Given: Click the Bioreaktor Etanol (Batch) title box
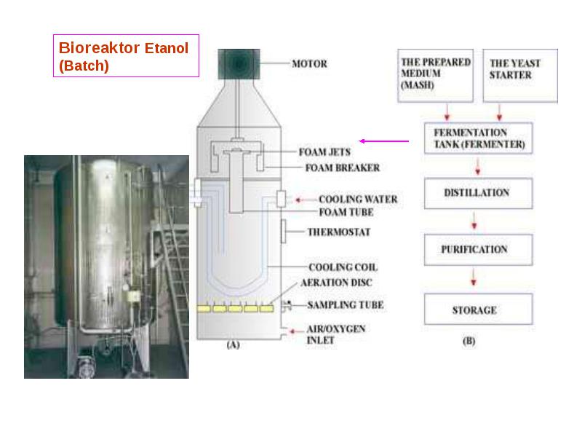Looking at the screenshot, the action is pos(126,56).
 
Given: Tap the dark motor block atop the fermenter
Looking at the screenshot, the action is pos(239,64).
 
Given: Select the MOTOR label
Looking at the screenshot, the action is pos(310,64).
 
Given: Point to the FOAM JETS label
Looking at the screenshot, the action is pos(324,152).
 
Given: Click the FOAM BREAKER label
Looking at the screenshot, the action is pos(342,168).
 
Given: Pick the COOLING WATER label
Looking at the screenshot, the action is pos(358,199).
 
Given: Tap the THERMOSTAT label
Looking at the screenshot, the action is pos(339,232).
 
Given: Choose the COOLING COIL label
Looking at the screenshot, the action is pos(343,267).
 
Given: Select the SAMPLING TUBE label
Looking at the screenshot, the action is pos(345,305).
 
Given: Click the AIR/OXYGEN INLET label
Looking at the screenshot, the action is pos(336,334).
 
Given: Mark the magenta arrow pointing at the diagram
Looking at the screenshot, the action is pos(384,141).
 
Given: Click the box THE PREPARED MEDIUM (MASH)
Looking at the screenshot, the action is pos(435,76).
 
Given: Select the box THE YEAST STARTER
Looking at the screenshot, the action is pos(520,76).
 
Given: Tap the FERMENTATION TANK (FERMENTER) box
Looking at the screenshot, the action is pos(479,138).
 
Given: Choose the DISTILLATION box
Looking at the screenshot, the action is pos(479,193).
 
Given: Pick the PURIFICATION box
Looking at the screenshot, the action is pos(479,250).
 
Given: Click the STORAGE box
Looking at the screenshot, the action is pos(479,309).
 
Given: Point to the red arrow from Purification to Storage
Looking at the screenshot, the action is pos(474,276).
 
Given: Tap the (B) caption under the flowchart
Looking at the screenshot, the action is pos(469,341).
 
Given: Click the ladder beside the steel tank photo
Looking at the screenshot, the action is pos(175,260).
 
